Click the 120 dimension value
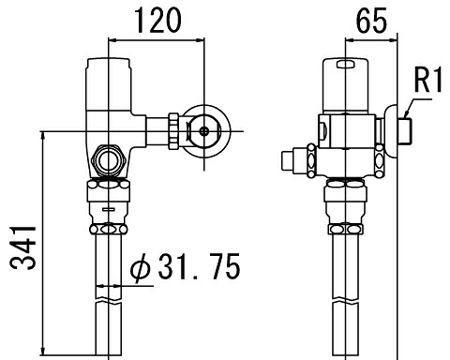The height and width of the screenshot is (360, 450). [157, 21]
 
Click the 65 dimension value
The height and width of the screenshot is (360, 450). [371, 21]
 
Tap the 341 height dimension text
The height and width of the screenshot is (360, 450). [22, 247]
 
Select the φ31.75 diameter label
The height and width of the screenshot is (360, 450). [185, 266]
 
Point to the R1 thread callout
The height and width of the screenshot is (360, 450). [427, 80]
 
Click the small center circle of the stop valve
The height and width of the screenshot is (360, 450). [204, 131]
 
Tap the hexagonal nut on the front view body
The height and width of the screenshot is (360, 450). [109, 160]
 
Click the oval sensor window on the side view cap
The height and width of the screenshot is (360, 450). [345, 64]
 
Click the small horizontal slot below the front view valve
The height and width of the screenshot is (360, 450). [109, 209]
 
